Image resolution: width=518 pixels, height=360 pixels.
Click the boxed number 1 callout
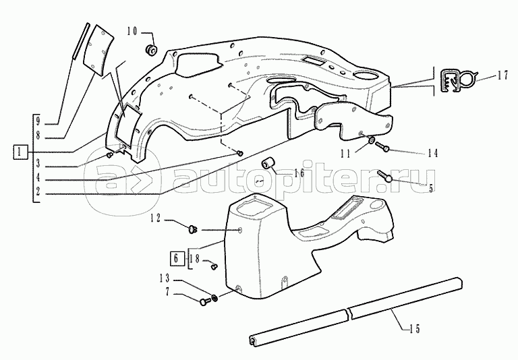tap(20, 152)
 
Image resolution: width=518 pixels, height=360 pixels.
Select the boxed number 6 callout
tap(176, 259)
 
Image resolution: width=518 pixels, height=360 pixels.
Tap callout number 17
tap(502, 76)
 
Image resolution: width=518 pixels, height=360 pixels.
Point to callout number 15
tap(414, 328)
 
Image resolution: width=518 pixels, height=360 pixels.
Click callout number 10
tap(132, 32)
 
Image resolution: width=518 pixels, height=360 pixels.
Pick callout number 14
tap(432, 153)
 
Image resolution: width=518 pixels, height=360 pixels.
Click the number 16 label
tap(299, 173)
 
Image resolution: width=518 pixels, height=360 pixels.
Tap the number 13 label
tap(164, 278)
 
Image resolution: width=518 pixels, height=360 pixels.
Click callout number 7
tap(167, 293)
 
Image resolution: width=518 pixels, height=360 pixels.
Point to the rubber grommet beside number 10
tap(151, 49)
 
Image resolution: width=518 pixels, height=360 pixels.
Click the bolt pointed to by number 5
tap(384, 176)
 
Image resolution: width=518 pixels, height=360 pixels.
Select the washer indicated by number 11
tap(371, 140)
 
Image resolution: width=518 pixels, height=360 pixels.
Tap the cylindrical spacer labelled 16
tap(267, 164)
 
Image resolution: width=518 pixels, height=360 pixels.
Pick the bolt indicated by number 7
tap(205, 301)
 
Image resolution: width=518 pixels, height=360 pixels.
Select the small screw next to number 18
tap(214, 265)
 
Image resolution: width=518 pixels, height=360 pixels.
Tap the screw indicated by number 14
tap(382, 146)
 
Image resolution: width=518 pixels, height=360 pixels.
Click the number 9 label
tap(38, 121)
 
